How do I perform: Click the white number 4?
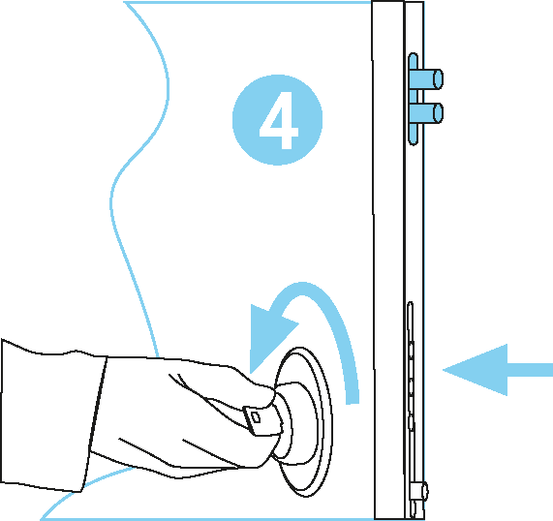point(279,120)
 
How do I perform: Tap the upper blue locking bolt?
point(428,79)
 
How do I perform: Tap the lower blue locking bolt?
point(428,113)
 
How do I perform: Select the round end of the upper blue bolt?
point(439,79)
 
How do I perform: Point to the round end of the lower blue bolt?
point(439,113)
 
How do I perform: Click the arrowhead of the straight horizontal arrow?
point(475,370)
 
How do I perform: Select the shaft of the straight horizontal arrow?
point(530,370)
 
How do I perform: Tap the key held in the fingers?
point(262,420)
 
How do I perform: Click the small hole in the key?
point(257,418)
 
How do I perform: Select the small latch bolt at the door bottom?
point(419,490)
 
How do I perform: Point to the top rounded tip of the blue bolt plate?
point(413,55)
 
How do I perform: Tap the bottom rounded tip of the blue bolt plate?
point(413,142)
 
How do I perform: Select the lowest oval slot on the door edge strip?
point(411,422)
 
